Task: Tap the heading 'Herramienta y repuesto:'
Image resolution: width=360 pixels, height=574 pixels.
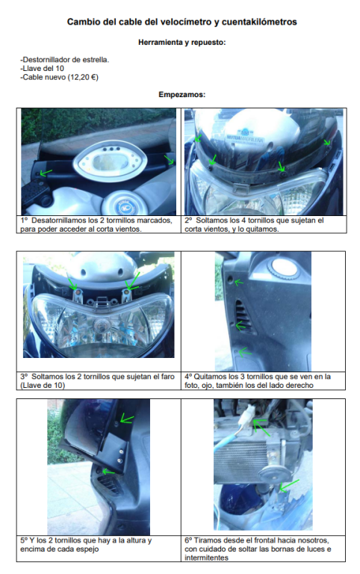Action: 181,43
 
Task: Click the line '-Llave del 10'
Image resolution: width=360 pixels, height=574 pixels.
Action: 42,69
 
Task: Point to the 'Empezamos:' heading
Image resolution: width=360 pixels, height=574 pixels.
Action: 181,94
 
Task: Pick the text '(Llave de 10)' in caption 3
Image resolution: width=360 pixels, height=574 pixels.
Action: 43,385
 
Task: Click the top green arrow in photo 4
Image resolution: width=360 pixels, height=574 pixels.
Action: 239,283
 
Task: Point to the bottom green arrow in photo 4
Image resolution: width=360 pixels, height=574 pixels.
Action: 245,352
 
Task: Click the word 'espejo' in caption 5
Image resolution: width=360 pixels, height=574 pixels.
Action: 87,549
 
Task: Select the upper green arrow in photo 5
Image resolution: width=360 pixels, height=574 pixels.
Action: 127,419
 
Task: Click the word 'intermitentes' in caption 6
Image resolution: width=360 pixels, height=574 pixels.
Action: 207,558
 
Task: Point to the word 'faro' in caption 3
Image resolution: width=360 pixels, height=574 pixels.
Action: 167,377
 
